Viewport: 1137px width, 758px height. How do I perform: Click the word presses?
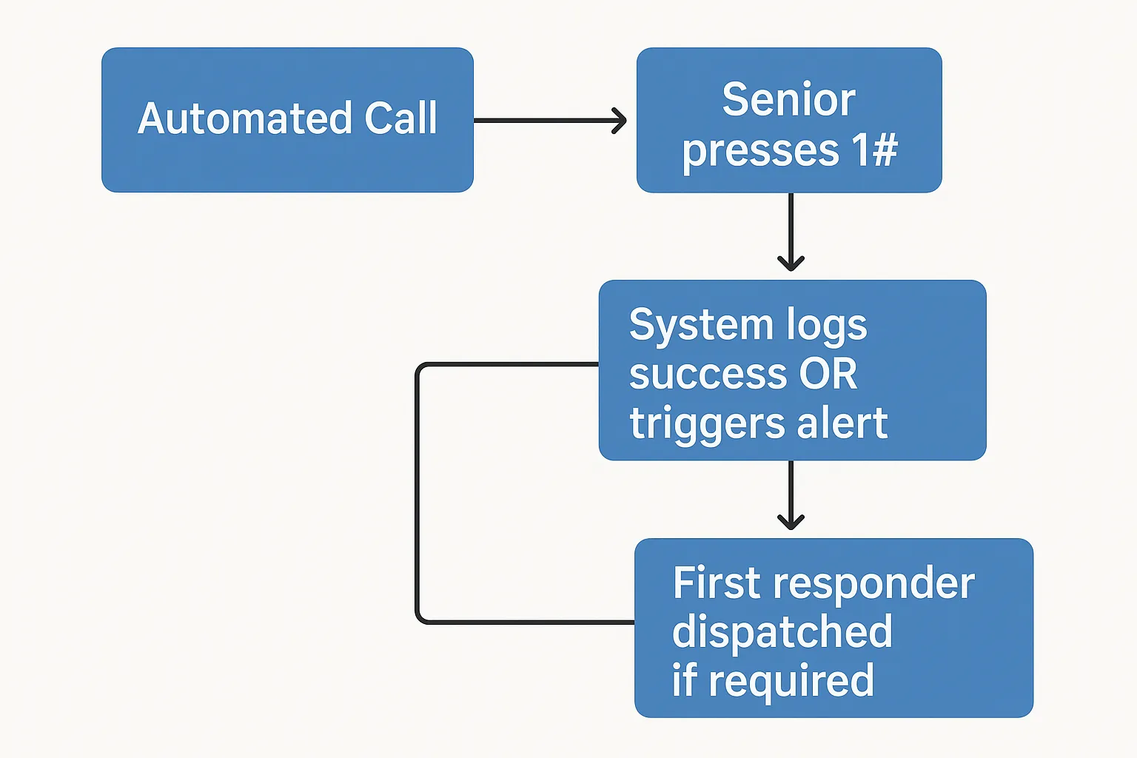click(760, 150)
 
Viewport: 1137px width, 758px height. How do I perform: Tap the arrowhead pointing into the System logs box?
click(791, 262)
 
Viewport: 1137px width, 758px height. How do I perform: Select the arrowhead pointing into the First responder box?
click(791, 521)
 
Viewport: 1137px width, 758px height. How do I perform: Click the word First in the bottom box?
click(717, 583)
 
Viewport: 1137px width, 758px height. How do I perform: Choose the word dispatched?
click(782, 632)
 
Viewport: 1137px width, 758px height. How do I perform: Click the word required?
click(791, 682)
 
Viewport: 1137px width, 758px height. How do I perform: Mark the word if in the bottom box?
click(684, 680)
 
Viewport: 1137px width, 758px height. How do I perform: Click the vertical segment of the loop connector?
click(417, 493)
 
